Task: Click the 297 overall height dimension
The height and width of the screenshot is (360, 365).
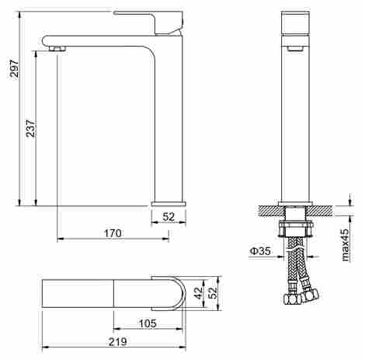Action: [x=14, y=68]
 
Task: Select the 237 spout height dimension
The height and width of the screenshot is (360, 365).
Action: [x=30, y=128]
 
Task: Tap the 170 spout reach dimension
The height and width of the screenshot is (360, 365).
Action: [x=113, y=233]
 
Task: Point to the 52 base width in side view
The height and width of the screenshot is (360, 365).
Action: [x=169, y=217]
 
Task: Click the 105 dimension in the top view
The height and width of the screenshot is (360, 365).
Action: [x=148, y=323]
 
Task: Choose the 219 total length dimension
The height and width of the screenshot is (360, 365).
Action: [x=118, y=341]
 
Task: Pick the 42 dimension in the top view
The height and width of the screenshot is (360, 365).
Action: [x=199, y=293]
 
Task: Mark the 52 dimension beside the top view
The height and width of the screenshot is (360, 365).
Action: [x=213, y=293]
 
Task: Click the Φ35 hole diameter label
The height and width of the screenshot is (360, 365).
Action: [x=260, y=250]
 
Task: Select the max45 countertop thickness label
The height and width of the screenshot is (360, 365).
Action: [x=346, y=245]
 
